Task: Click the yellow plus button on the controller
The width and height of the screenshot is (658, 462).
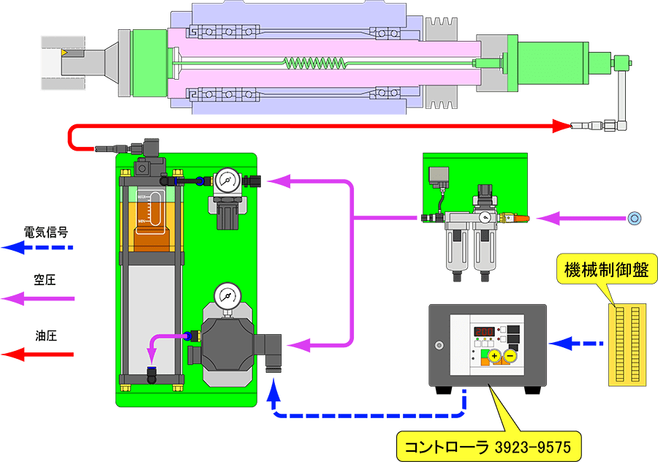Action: click(495, 357)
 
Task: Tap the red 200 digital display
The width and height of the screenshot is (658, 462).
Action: click(483, 331)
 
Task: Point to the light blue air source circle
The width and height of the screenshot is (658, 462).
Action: click(635, 217)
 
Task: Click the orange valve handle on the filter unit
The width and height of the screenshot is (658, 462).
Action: click(513, 217)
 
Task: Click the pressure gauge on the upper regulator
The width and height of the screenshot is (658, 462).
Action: click(225, 179)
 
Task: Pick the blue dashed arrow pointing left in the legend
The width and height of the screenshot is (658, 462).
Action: click(37, 247)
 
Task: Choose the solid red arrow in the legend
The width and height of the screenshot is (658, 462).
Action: click(37, 355)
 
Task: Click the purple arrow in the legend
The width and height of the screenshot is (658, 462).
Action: click(37, 298)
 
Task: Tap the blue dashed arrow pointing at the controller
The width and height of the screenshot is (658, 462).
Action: click(560, 342)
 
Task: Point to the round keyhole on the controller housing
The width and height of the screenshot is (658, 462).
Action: click(439, 346)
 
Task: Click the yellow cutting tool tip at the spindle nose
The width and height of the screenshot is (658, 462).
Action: click(64, 53)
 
